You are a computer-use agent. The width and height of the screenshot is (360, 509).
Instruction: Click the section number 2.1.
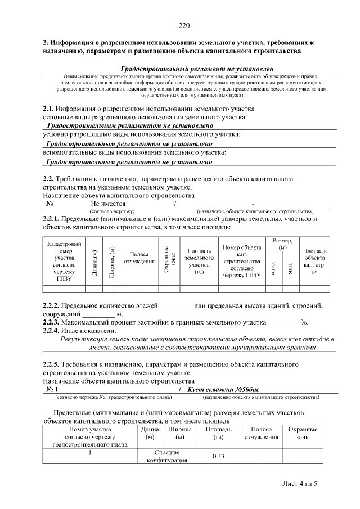coord(49,109)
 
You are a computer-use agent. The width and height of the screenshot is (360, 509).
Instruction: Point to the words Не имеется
coord(109,204)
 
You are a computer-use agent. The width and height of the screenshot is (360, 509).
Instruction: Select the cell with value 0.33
coord(219,456)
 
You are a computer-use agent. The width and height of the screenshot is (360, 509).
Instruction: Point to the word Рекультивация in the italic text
coord(83,340)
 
